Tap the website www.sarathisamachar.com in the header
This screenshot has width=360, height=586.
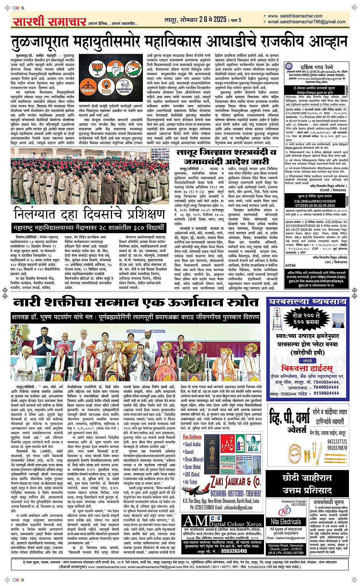[x=295, y=16]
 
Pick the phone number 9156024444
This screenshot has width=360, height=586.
[x=326, y=393]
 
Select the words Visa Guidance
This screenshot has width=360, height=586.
[x=192, y=437]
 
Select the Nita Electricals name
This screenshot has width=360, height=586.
[x=286, y=522]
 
